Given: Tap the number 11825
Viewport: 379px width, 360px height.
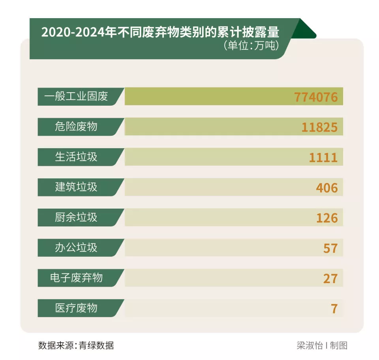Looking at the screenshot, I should pos(319,127).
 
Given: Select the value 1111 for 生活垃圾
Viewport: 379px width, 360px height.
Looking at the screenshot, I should pos(323,157).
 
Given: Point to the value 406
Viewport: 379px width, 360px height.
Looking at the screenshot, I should pos(327,188).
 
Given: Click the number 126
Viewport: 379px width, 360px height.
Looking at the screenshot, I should pos(327,218).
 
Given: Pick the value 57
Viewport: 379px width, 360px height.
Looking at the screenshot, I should pos(330,248).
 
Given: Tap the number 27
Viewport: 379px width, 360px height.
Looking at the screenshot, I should pos(330,278).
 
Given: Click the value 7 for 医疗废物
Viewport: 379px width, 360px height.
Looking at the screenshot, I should pos(334,308).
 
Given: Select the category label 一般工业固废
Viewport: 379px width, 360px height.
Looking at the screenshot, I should pos(76,96).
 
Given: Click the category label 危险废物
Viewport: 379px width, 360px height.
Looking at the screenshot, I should pos(76,127).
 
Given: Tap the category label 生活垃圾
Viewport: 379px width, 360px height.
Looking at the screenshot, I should pos(76,157).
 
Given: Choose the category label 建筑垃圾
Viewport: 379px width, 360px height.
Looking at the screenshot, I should pos(76,187).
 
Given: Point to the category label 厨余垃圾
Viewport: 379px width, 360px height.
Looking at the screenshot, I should pos(76,217).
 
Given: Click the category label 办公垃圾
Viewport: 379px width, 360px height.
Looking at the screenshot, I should pos(76,248).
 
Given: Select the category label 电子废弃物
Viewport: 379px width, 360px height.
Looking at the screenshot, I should pos(76,278).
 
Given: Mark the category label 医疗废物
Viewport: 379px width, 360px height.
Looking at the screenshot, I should pos(76,308).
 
